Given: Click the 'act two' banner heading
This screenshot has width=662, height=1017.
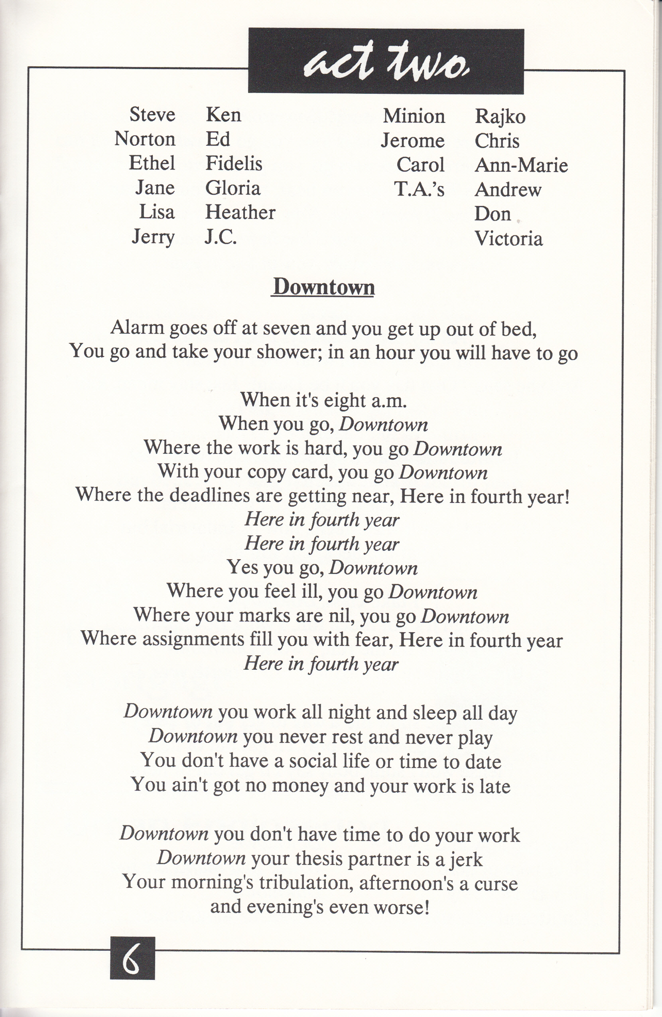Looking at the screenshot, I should (x=386, y=61).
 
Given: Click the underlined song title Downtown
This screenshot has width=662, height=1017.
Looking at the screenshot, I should (x=323, y=287).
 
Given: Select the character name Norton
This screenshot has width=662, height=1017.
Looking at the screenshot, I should (x=145, y=139).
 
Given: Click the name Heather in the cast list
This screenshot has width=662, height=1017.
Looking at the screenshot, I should (x=240, y=212).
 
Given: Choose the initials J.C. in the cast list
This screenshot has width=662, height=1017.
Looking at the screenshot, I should (x=220, y=237).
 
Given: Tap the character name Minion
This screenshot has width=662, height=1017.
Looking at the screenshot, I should (x=414, y=116).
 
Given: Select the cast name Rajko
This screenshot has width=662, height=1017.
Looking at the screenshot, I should (x=500, y=117).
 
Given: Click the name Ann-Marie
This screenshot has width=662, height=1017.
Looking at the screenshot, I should (x=521, y=165).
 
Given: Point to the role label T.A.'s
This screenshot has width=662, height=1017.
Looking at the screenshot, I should (x=419, y=189).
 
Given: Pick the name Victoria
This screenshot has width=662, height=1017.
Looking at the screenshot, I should (x=508, y=239).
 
